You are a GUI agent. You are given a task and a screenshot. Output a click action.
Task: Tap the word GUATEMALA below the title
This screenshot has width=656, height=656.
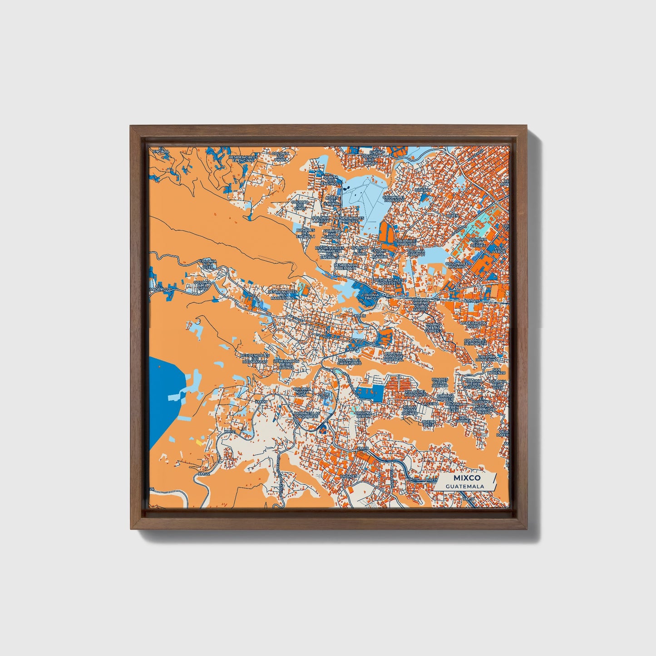464,487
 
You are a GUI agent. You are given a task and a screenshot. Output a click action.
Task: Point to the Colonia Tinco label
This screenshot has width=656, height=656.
371,296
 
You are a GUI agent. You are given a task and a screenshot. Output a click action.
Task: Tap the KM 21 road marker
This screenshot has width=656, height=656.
231,431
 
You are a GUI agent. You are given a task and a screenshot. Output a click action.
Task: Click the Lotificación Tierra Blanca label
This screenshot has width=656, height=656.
286,364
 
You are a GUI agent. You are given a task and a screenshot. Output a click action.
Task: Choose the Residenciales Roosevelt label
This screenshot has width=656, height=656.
388,282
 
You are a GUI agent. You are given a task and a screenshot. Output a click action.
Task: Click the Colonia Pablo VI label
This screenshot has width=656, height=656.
416,252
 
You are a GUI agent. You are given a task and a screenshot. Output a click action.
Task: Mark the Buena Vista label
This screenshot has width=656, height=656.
429,424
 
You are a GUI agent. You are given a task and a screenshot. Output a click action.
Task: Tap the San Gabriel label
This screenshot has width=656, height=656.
464,419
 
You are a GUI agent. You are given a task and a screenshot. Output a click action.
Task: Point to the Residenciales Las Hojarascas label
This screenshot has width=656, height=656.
255,359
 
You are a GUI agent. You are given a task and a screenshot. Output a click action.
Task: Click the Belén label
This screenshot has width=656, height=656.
452,216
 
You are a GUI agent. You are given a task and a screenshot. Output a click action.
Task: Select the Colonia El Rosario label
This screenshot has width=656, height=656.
457,265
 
